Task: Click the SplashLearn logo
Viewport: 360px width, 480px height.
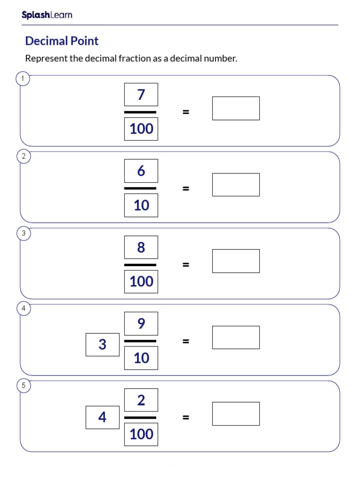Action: click(x=47, y=15)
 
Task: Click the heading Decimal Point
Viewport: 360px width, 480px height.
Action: click(x=62, y=41)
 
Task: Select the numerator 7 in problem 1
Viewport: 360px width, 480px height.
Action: click(x=141, y=95)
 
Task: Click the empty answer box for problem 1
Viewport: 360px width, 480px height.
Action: click(x=236, y=108)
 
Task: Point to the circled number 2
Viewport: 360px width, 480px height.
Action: click(x=24, y=157)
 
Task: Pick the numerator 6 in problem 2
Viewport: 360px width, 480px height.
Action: click(x=141, y=171)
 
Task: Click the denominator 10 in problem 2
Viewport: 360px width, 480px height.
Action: click(x=141, y=205)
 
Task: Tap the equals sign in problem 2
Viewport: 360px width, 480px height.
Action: click(x=186, y=188)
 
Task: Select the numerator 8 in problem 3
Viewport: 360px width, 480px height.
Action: click(x=141, y=247)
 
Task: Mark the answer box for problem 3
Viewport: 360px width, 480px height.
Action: click(x=236, y=261)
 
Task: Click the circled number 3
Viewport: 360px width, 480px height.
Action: click(x=24, y=233)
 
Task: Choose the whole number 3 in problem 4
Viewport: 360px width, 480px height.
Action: click(x=103, y=345)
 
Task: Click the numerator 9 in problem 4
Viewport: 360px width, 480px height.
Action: click(x=141, y=324)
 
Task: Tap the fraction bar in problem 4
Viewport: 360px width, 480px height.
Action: click(x=140, y=341)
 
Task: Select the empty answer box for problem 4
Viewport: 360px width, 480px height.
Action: click(x=236, y=337)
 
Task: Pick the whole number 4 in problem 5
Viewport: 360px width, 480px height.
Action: click(x=103, y=417)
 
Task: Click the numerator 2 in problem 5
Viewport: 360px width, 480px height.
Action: click(x=141, y=400)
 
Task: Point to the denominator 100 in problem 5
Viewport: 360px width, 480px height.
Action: click(x=141, y=435)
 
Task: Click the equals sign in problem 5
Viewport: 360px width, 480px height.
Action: click(x=186, y=417)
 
